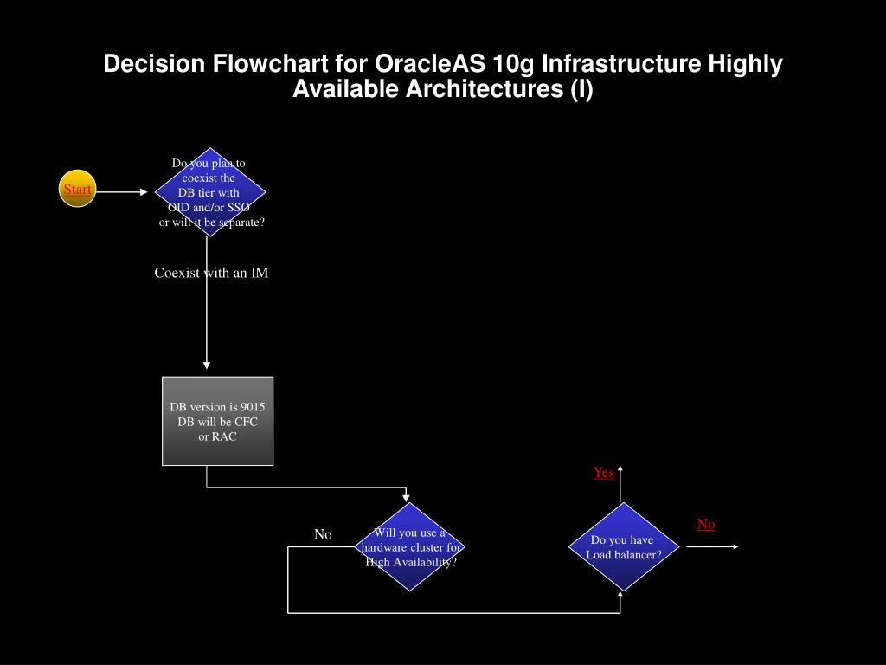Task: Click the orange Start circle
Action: coord(77,189)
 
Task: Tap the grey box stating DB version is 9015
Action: coord(217,421)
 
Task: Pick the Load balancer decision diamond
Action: coord(623,547)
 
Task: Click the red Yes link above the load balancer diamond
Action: coord(603,473)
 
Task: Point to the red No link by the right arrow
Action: coord(706,524)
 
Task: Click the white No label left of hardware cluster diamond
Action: coord(323,534)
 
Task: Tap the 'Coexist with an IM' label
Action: coord(211,273)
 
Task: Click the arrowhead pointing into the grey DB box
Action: coord(207,365)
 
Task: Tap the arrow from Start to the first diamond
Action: coord(121,192)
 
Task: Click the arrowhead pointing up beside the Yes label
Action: coord(621,469)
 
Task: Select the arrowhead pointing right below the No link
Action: coord(734,546)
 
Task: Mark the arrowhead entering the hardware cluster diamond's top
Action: coord(408,497)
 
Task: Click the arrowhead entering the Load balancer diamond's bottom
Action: coord(621,596)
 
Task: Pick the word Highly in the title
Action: coord(745,64)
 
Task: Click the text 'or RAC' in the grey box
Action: coord(217,436)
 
